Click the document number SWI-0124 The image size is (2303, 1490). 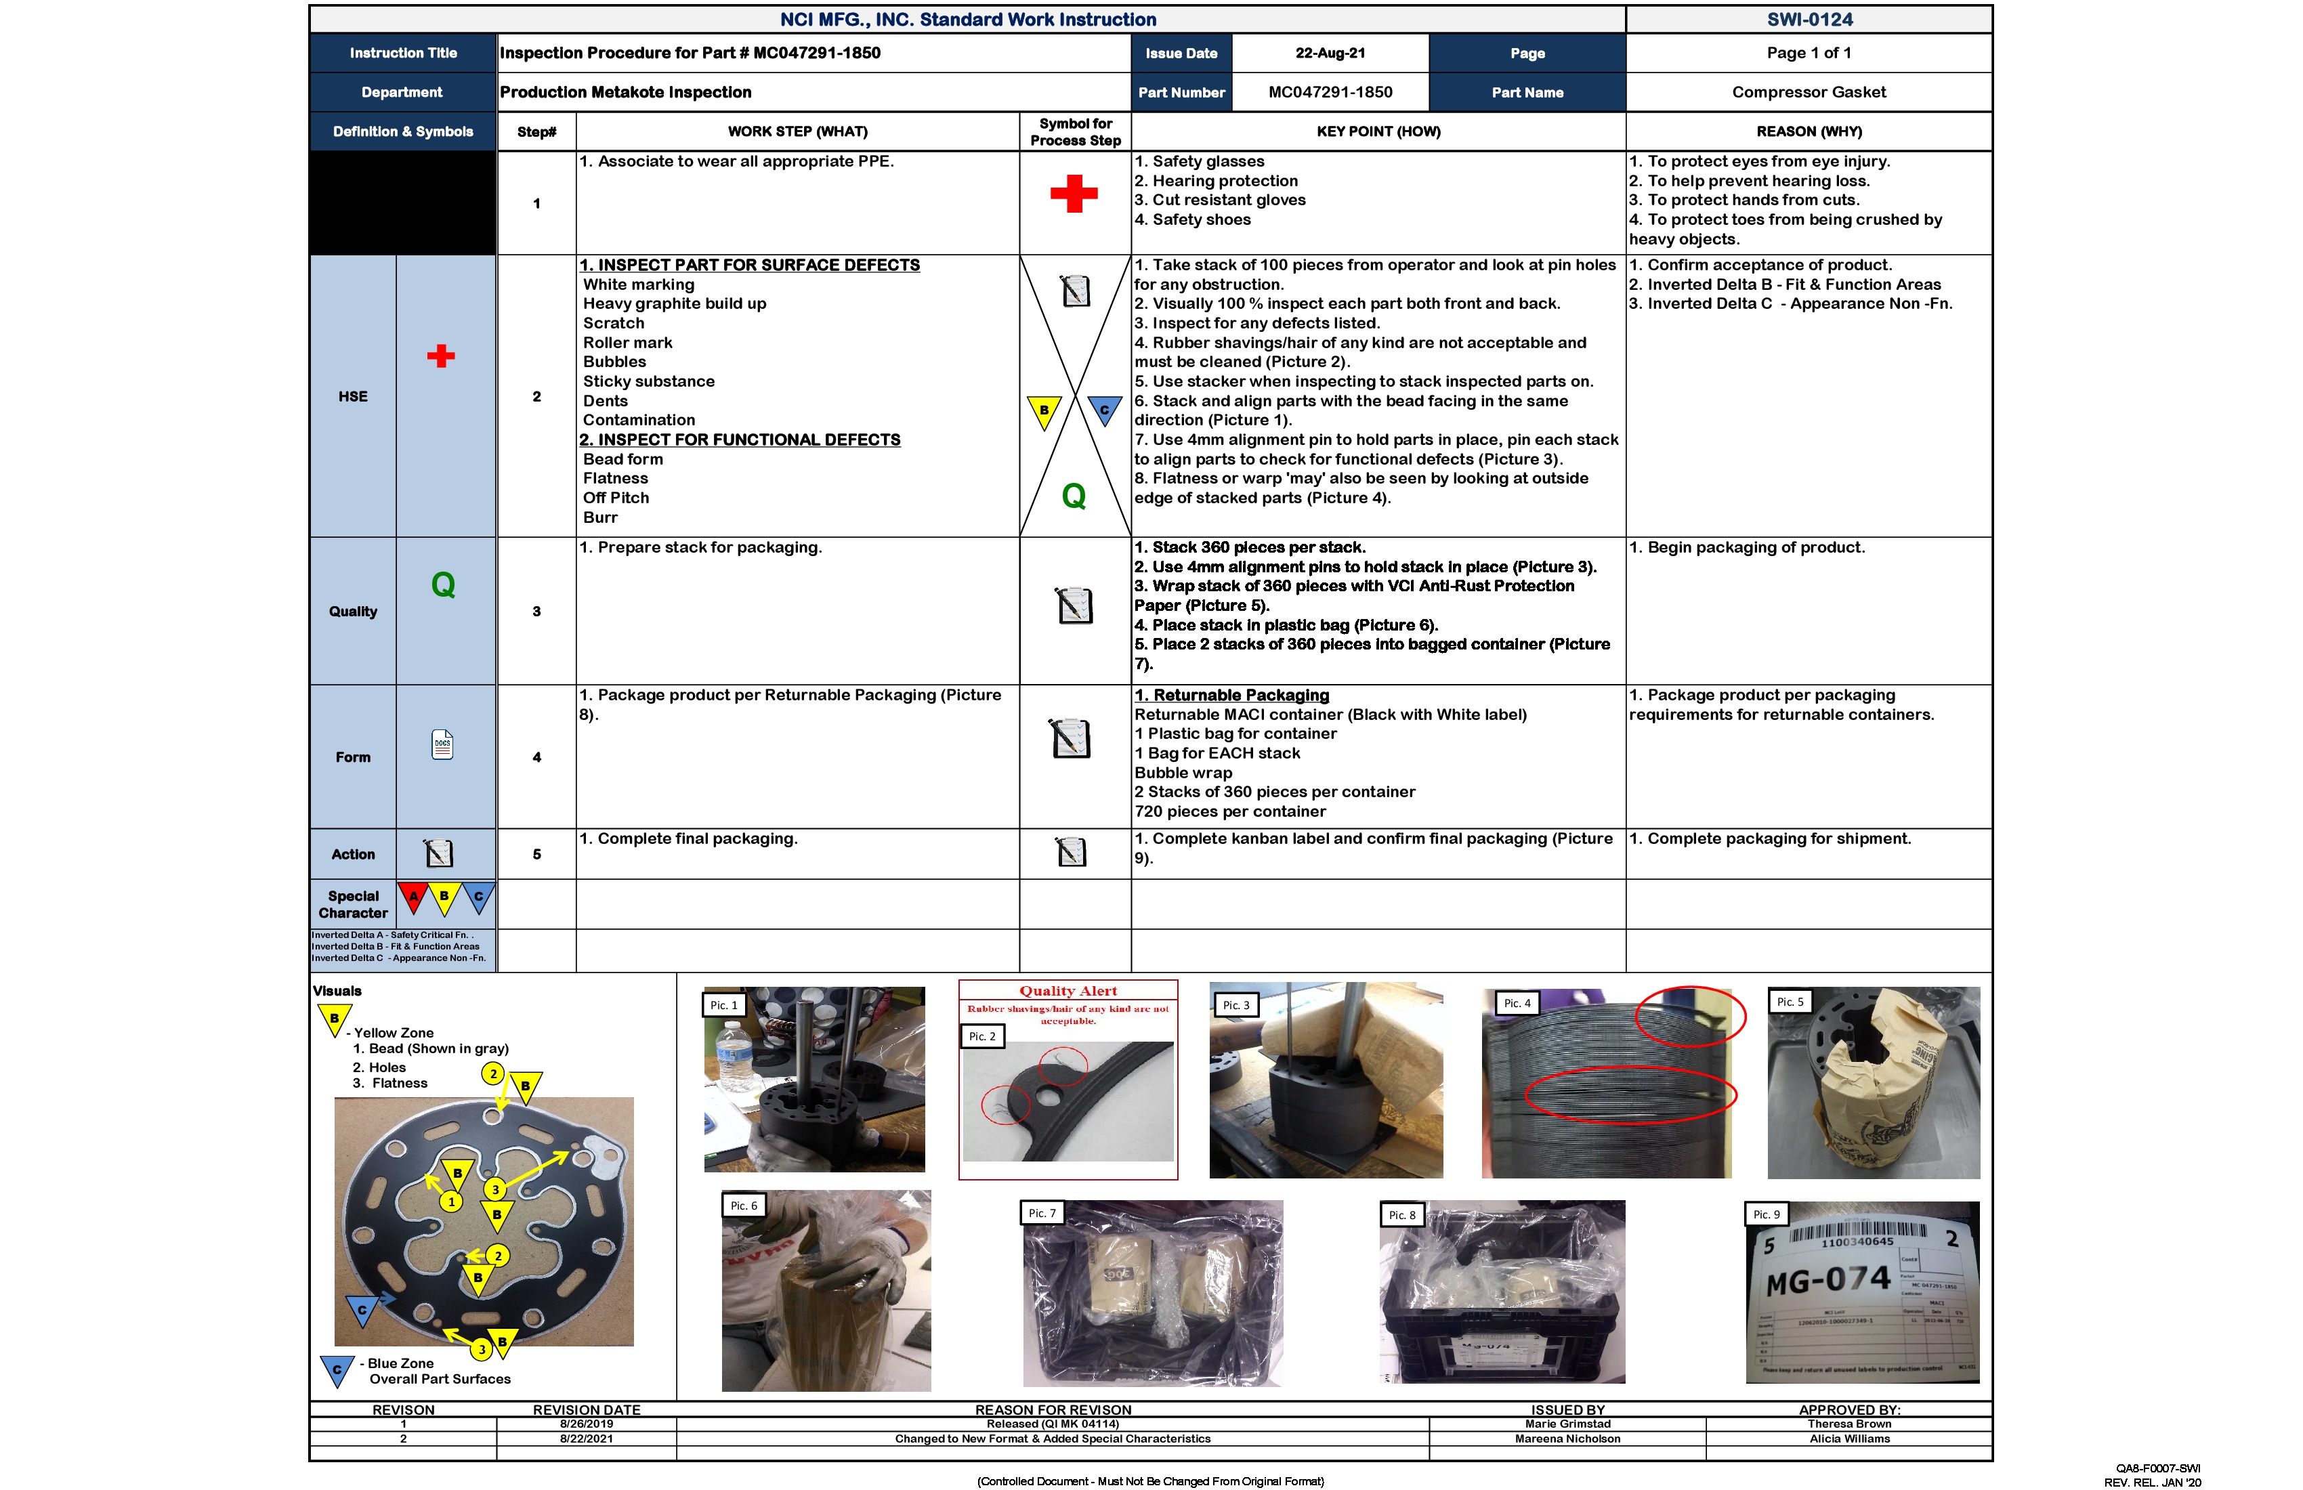[x=1809, y=20]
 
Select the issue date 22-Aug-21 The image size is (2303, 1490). [x=1330, y=54]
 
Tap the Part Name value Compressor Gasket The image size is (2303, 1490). [x=1808, y=92]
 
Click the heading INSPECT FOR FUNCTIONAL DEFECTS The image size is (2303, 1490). [x=740, y=440]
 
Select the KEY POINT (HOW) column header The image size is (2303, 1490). [x=1377, y=131]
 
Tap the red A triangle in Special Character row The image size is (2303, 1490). [x=413, y=897]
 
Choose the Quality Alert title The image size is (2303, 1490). [x=1068, y=991]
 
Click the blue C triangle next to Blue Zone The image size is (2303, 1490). [x=337, y=1369]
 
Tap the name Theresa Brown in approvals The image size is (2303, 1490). [x=1848, y=1423]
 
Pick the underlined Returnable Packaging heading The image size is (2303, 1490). [x=1232, y=695]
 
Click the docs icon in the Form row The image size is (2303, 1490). [x=442, y=744]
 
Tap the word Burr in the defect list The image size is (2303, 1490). [x=600, y=517]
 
